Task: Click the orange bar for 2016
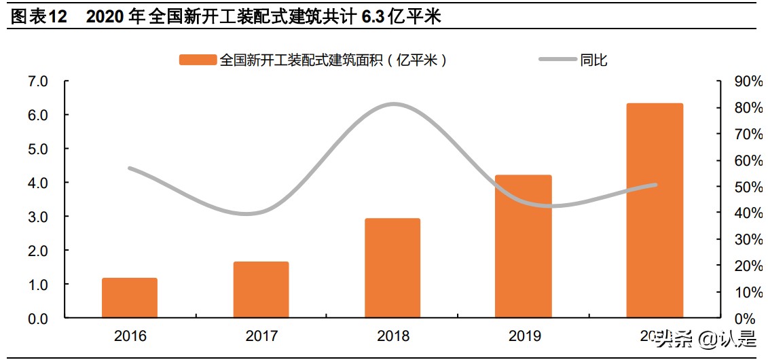130,298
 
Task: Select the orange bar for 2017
261,289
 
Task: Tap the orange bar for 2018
392,268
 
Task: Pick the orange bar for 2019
524,246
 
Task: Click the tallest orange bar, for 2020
655,211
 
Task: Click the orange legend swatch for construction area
198,60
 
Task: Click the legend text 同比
594,60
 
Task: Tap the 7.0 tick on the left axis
38,82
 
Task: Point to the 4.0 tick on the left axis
38,183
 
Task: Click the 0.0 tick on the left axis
38,319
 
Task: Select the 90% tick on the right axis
748,82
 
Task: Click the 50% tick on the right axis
748,187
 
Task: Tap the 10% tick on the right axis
748,292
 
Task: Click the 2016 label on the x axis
130,336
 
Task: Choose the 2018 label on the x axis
392,336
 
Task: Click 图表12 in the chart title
39,17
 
